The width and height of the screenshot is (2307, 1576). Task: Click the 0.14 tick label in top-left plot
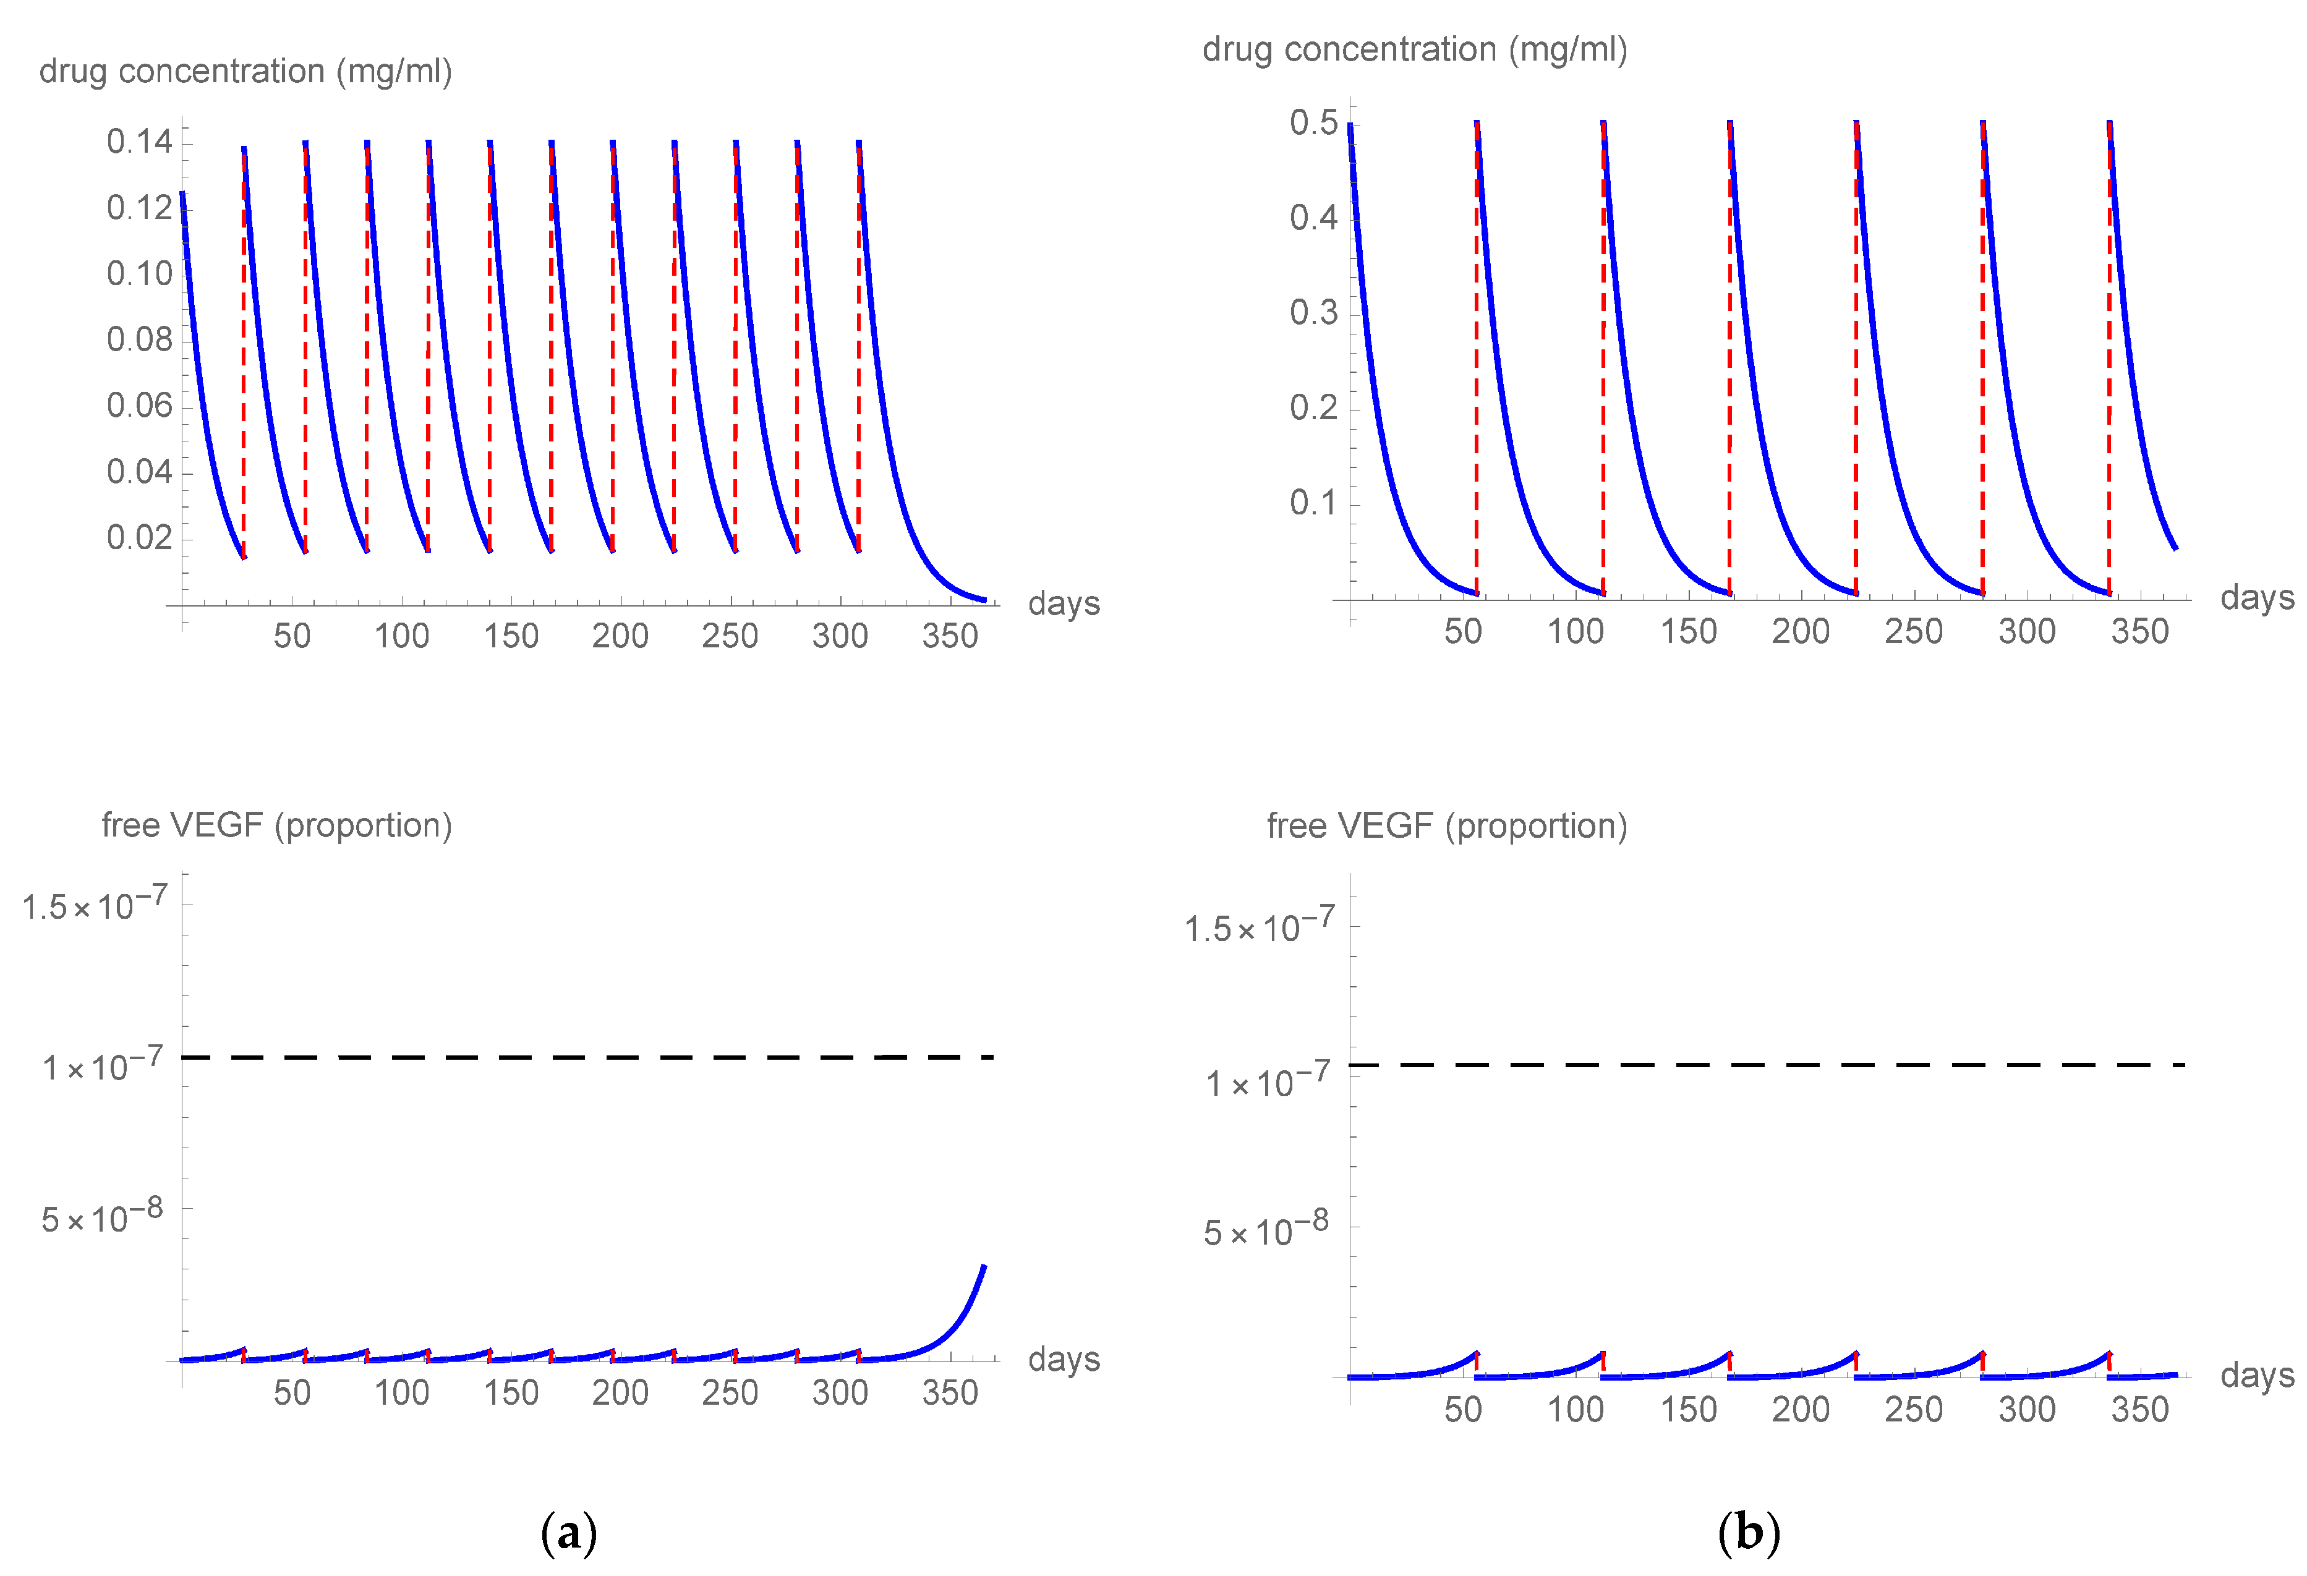click(139, 142)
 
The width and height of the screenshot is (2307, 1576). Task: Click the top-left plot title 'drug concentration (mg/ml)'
click(245, 72)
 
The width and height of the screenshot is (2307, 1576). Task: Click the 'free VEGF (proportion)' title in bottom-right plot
click(1446, 825)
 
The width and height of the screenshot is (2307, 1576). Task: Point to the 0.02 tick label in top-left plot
click(139, 538)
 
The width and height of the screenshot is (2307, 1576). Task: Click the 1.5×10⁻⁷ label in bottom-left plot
click(95, 905)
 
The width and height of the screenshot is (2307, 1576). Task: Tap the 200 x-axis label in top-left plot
click(620, 636)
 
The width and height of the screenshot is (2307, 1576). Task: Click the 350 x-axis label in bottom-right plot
click(2139, 1409)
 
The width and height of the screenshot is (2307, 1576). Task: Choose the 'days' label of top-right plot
click(2256, 597)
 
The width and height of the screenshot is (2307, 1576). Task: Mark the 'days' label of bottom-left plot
click(1063, 1358)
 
